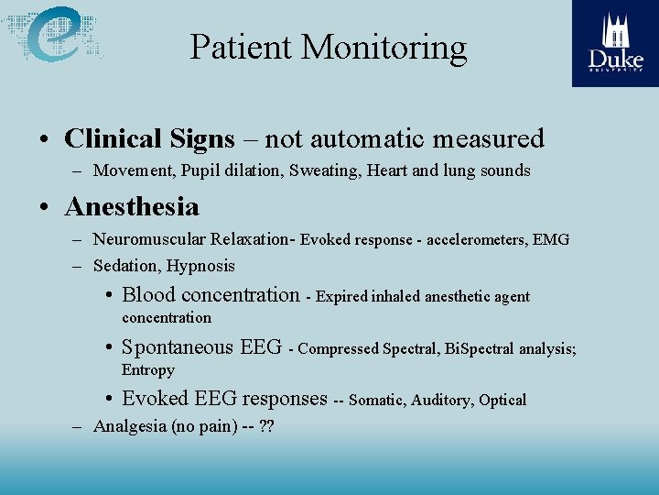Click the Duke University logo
[x=615, y=43]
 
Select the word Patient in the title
[x=241, y=47]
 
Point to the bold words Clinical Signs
[x=149, y=139]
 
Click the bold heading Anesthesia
[x=132, y=207]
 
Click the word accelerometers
[x=481, y=240]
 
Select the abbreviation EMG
[x=550, y=240]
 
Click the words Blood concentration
[x=211, y=295]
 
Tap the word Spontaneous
[x=178, y=347]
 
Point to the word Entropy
[x=148, y=370]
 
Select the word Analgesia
[x=130, y=426]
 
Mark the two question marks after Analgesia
[x=267, y=426]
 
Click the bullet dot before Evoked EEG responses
[x=109, y=399]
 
